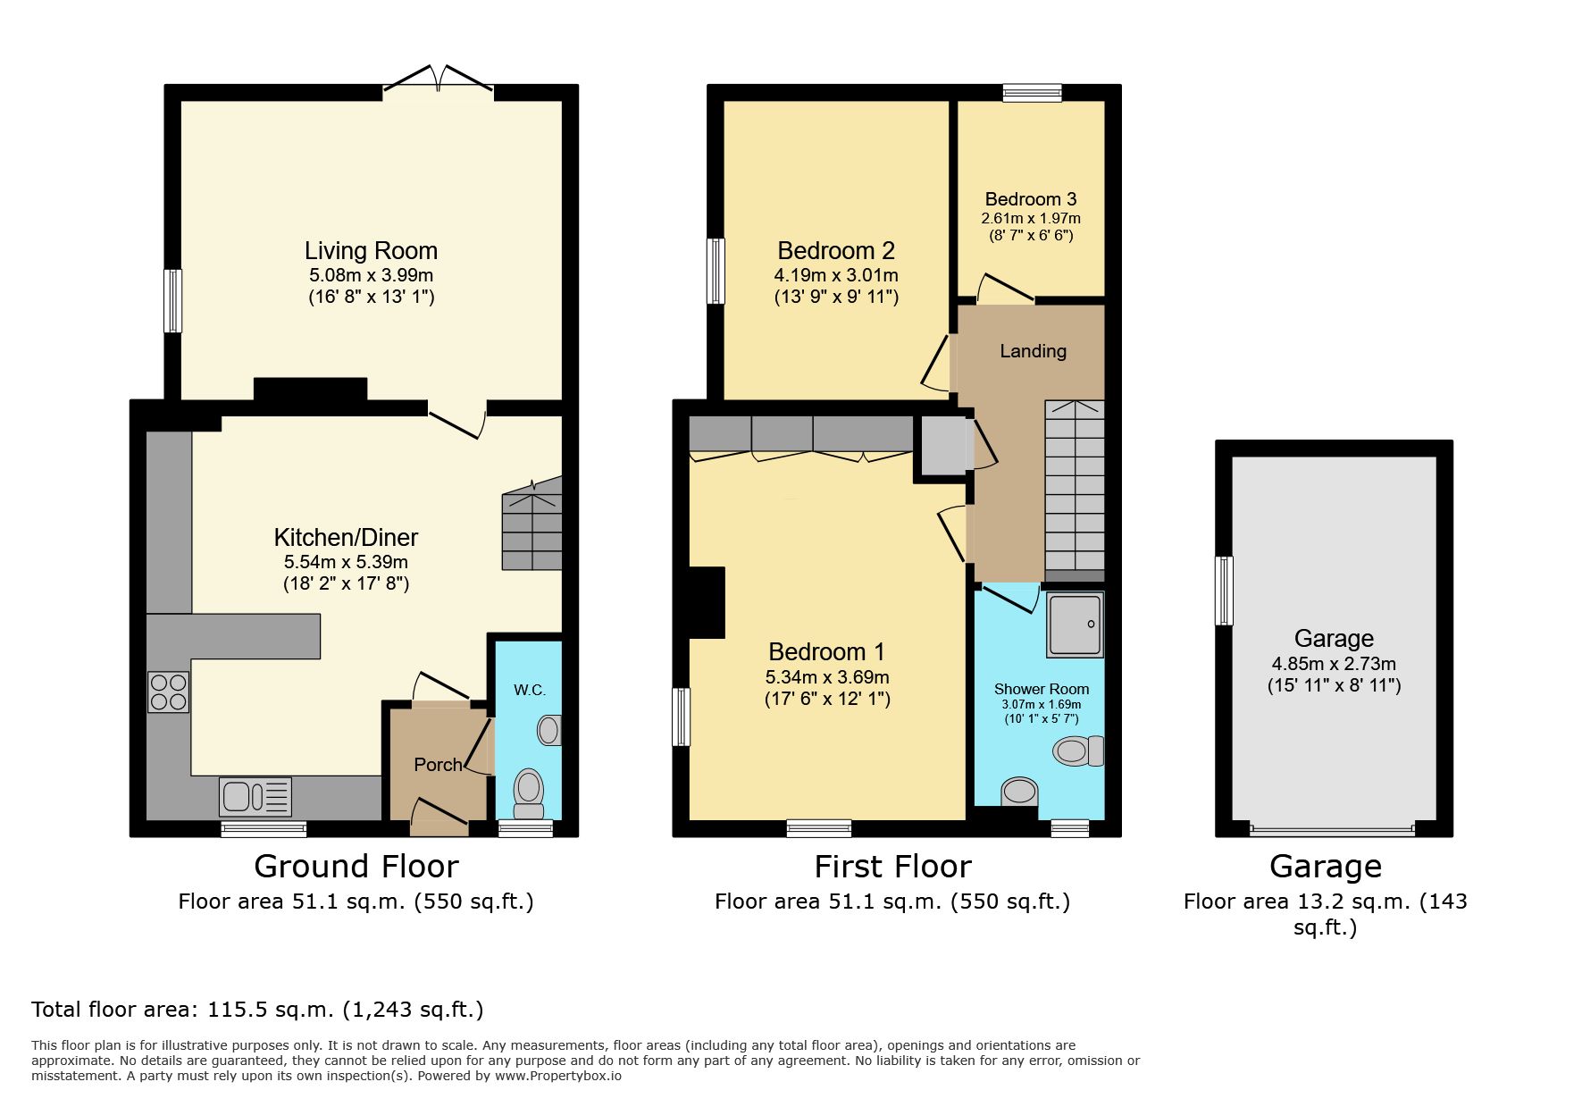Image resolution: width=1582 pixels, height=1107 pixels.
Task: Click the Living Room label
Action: (371, 251)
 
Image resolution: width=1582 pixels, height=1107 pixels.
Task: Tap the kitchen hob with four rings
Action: (169, 692)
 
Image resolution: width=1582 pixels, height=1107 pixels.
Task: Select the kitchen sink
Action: (255, 796)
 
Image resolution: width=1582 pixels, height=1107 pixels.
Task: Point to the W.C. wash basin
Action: (549, 730)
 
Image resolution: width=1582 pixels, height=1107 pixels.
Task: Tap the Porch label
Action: (438, 765)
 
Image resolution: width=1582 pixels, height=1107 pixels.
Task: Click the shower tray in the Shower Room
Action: (1076, 623)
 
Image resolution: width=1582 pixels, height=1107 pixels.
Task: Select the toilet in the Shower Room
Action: (1078, 751)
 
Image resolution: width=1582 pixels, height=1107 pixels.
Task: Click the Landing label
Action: (1033, 351)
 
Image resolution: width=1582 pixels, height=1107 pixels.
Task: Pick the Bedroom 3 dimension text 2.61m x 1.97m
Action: (1031, 218)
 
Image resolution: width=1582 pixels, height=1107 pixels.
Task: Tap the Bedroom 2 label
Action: (836, 251)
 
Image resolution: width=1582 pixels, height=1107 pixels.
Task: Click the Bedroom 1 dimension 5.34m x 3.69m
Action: (827, 677)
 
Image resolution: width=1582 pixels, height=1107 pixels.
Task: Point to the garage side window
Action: (1224, 591)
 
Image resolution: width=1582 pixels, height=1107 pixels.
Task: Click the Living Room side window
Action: (173, 301)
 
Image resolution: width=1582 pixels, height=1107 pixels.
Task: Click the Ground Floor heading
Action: (356, 867)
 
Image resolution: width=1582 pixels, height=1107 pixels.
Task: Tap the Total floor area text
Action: (257, 1010)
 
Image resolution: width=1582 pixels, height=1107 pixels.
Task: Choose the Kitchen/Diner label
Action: (346, 537)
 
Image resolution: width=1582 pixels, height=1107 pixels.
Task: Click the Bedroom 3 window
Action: (1033, 92)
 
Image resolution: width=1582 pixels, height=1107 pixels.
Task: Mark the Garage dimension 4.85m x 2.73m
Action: (1334, 664)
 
